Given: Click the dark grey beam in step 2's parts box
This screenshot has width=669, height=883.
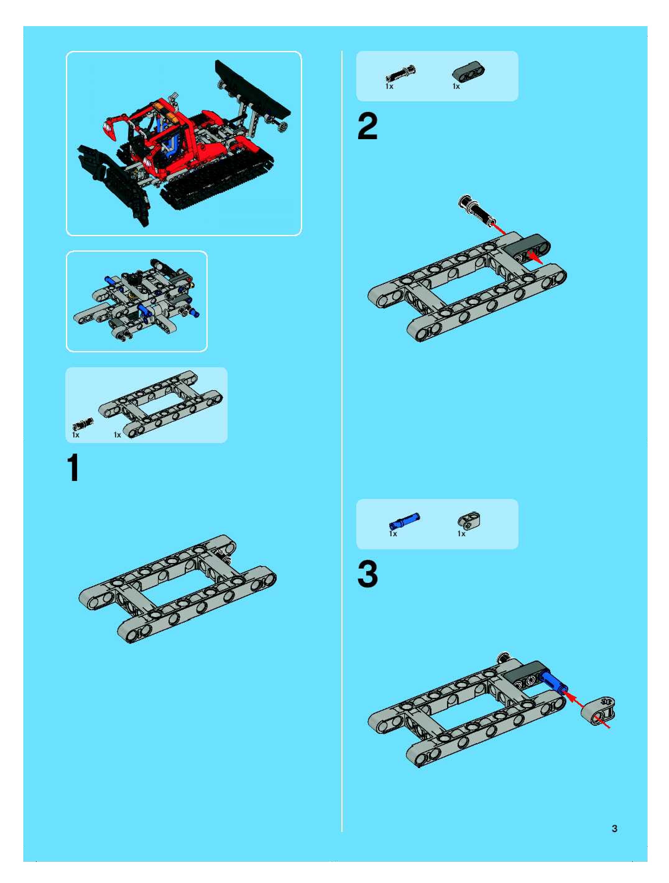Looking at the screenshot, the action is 468,72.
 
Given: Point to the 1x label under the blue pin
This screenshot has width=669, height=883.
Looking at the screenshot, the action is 393,534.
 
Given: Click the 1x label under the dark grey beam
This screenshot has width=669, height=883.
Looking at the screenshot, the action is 456,86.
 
